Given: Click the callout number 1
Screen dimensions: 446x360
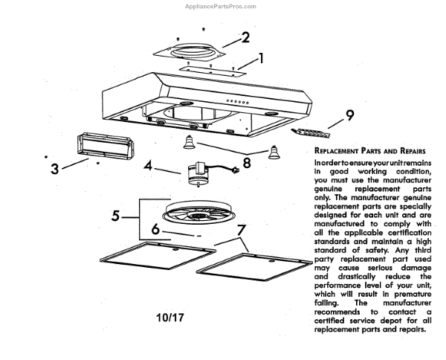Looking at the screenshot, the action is tap(261, 57).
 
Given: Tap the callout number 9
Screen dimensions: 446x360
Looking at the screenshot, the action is tap(350, 116).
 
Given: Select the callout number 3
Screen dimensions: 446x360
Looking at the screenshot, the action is tap(54, 168).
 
